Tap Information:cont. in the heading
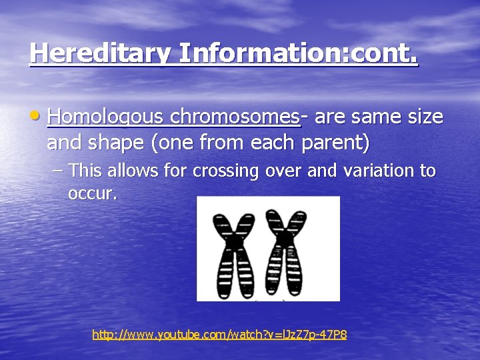tap(298, 53)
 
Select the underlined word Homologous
tap(106, 117)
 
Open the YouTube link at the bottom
tap(219, 335)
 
